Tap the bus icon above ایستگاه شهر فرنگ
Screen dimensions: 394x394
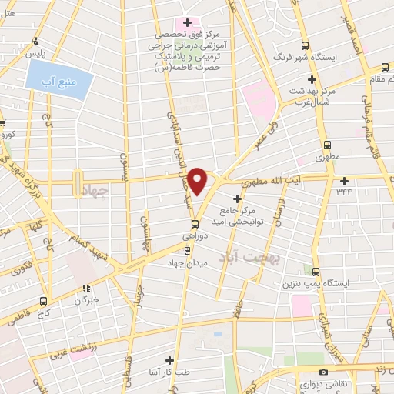tap(305, 45)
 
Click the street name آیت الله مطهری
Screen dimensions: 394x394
tap(272, 182)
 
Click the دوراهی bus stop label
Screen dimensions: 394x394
tap(193, 238)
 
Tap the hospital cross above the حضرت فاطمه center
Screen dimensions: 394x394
tap(186, 21)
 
